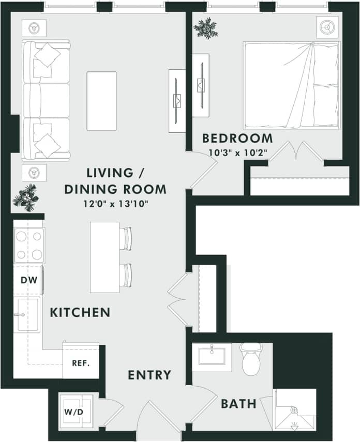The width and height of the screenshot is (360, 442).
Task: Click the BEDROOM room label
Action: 237,139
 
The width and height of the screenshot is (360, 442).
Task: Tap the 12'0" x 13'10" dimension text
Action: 115,203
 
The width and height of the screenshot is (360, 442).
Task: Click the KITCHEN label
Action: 80,312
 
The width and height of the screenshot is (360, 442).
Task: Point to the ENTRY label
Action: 149,375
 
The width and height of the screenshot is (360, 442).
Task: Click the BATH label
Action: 238,404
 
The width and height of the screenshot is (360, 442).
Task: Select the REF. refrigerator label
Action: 81,362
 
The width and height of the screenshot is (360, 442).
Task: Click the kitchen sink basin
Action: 26,314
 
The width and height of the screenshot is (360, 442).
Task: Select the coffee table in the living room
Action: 101,101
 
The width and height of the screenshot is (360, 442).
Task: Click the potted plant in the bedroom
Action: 205,28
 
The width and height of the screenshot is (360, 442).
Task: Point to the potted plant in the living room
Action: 25,197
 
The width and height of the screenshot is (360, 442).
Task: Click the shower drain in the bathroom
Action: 294,410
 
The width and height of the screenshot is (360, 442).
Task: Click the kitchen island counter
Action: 104,257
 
